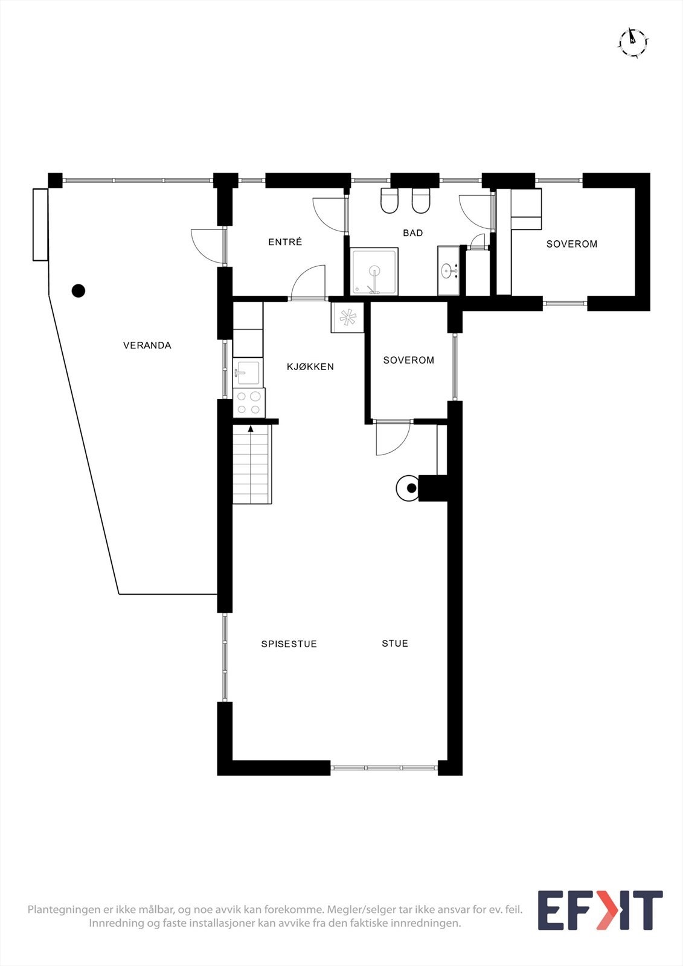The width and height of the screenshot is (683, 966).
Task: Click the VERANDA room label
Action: (147, 345)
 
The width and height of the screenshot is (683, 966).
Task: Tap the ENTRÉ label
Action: (285, 242)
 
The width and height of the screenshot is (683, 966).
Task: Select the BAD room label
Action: (413, 233)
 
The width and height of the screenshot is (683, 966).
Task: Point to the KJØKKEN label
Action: (310, 366)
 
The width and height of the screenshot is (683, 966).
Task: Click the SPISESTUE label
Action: (289, 644)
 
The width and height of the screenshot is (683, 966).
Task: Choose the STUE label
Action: (395, 644)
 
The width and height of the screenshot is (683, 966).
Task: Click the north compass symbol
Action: (633, 42)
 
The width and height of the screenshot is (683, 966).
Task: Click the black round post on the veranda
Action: (79, 291)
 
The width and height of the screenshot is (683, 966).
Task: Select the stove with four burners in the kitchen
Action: (249, 403)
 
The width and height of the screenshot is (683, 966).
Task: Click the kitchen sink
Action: (247, 372)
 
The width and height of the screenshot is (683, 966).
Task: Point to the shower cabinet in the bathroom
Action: (374, 271)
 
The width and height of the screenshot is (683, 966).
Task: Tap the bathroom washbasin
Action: (449, 270)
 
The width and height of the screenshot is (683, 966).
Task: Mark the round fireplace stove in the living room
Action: (408, 488)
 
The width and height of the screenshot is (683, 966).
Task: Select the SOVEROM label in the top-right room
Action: (572, 244)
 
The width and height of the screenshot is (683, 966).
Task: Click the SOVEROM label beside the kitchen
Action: (409, 360)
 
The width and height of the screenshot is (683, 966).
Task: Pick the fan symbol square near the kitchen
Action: (347, 317)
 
